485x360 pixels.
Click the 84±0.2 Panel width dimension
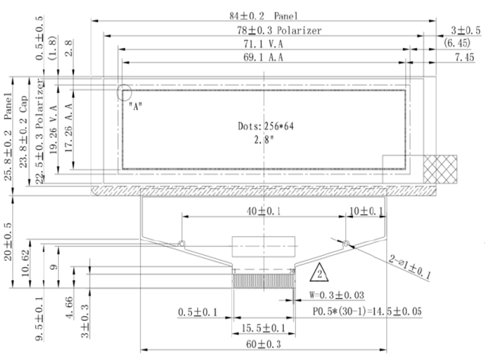point(264,16)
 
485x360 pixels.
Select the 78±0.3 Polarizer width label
point(279,30)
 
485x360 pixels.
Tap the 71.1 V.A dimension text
point(263,44)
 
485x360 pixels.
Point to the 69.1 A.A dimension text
point(263,57)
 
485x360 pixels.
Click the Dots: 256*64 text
point(266,126)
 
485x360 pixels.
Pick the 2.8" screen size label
point(264,140)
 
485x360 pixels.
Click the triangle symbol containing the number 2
point(319,272)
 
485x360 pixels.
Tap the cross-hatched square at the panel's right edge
point(440,169)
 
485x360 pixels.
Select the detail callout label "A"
point(135,106)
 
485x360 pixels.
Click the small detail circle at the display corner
point(124,92)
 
